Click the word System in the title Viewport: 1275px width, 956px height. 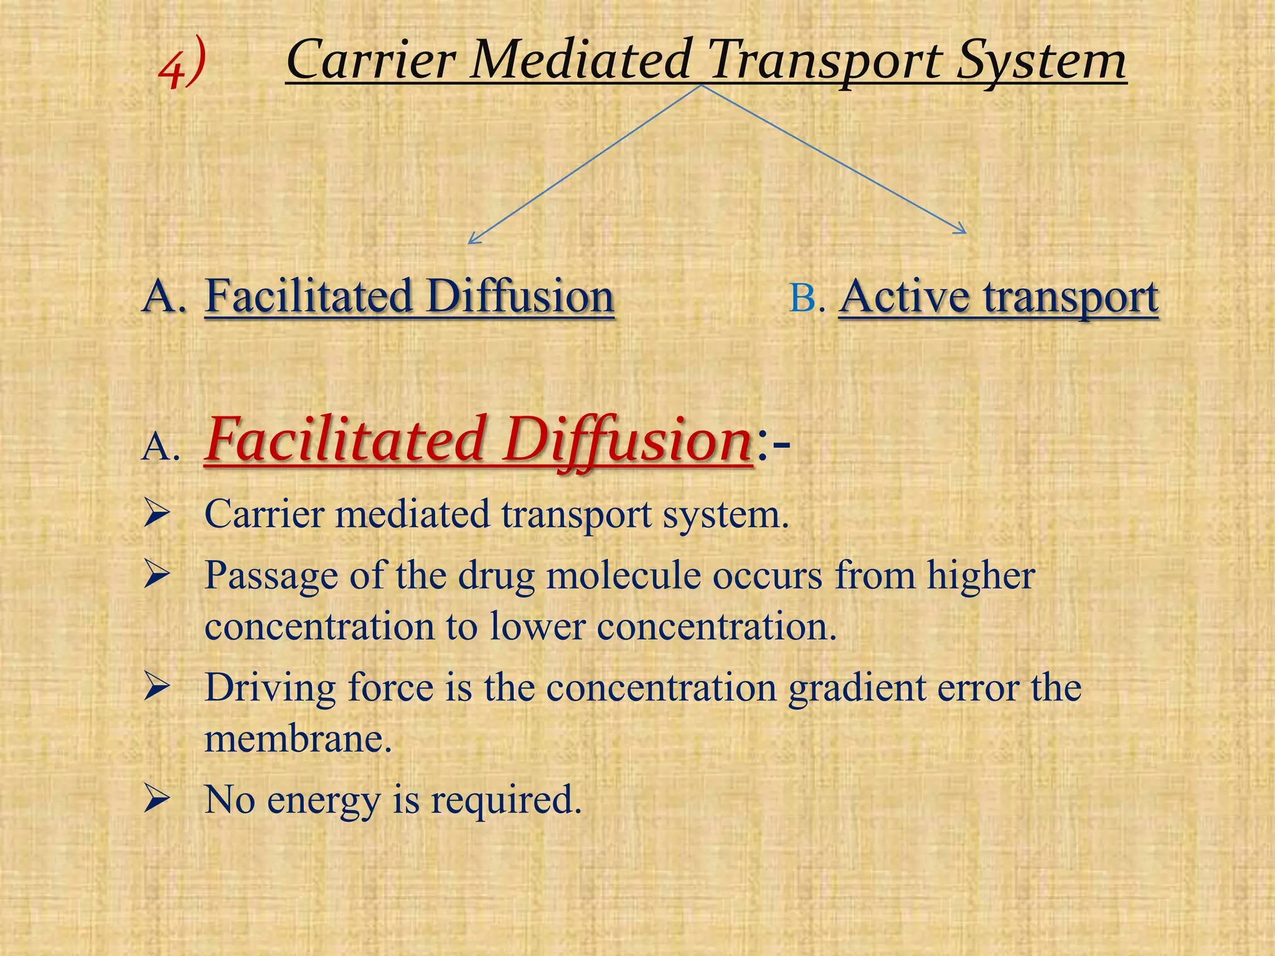(1041, 61)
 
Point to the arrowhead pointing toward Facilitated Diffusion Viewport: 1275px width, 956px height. (473, 239)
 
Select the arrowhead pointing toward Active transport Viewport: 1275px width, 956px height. (962, 230)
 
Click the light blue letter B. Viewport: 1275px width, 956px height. (804, 298)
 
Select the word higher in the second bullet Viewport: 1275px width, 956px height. (980, 575)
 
